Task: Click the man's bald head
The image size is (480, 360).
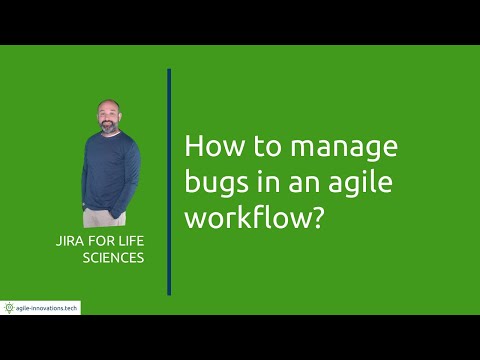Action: (109, 105)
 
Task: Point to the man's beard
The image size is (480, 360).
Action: (109, 123)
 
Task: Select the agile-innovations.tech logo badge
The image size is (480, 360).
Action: (41, 307)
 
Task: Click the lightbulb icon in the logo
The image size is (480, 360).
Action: (9, 307)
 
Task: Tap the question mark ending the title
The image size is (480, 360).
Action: (319, 219)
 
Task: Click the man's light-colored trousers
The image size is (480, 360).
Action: (106, 217)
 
